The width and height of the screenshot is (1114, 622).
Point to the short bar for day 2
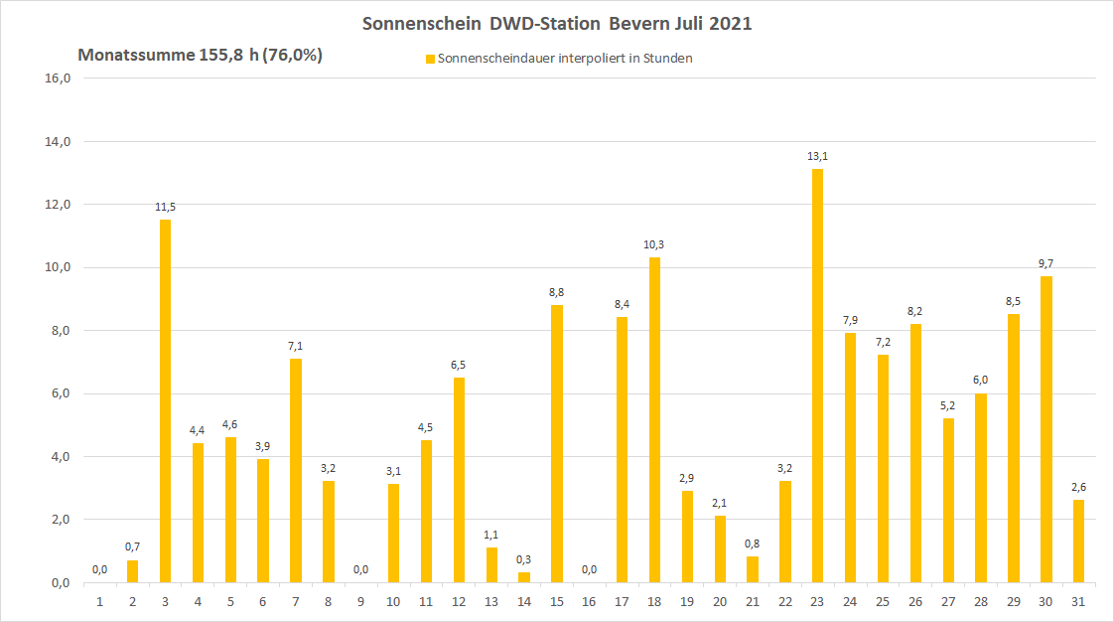132,571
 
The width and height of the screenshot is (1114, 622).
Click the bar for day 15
556,443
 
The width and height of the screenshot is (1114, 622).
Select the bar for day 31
1078,541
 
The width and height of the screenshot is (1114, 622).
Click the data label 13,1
817,156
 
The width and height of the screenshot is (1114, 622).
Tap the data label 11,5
165,207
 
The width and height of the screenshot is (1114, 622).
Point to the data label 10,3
654,244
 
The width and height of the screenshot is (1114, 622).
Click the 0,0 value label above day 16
589,569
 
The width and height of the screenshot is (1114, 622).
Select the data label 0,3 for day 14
523,559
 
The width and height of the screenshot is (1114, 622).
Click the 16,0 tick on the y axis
60,78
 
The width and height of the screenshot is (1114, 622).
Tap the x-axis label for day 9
360,601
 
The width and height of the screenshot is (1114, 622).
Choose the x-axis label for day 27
948,601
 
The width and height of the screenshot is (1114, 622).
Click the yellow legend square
430,59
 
